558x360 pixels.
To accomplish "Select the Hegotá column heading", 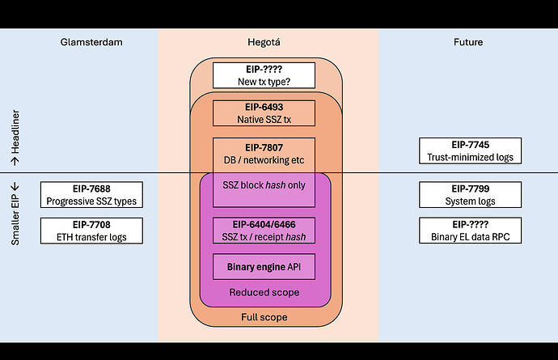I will (266, 41).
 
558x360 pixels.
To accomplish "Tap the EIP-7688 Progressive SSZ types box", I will (91, 195).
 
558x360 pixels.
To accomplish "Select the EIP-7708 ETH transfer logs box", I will (91, 231).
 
